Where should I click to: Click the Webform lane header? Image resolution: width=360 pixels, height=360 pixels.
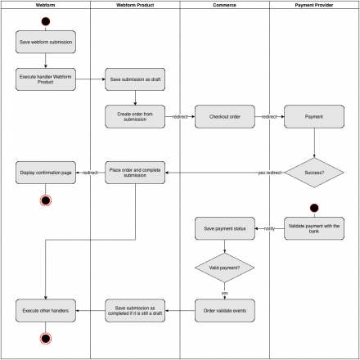(x=45, y=5)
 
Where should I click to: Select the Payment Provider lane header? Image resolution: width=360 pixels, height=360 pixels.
(x=314, y=5)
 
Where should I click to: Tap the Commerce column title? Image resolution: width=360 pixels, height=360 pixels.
(x=224, y=5)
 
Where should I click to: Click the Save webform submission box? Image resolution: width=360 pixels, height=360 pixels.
(x=45, y=42)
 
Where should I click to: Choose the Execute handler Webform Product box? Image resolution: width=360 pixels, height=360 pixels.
(x=45, y=79)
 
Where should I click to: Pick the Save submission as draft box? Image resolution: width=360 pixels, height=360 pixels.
(x=135, y=79)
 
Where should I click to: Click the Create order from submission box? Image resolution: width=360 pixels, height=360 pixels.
(x=135, y=117)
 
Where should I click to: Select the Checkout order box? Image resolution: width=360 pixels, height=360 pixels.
(x=225, y=117)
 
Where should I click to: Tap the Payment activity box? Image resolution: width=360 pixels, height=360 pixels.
(x=314, y=117)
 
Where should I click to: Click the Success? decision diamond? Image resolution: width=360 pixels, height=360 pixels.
(x=314, y=173)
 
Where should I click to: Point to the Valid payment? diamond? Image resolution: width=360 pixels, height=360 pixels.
(x=225, y=267)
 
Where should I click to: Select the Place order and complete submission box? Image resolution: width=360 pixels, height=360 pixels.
(x=135, y=173)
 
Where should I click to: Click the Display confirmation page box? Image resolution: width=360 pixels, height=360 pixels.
(x=45, y=173)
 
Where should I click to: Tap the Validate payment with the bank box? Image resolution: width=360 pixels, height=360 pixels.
(x=314, y=228)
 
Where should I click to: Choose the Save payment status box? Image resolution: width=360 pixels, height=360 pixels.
(x=225, y=228)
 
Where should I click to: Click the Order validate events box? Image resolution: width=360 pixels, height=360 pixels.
(x=225, y=310)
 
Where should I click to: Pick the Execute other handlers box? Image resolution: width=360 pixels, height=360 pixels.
(x=45, y=310)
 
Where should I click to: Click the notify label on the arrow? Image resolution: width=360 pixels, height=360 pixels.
(x=269, y=228)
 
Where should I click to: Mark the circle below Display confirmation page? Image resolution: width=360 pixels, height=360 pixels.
(x=45, y=200)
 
